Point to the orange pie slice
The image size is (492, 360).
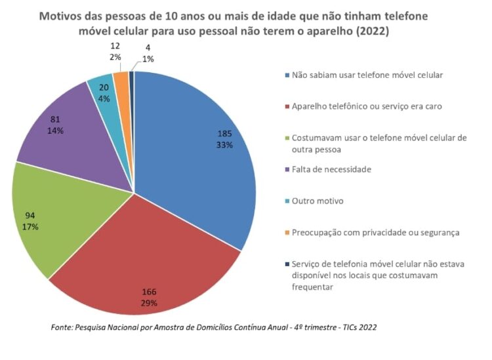[x=121, y=80]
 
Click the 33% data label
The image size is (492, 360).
[x=225, y=145]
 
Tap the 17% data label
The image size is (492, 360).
[x=30, y=227]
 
